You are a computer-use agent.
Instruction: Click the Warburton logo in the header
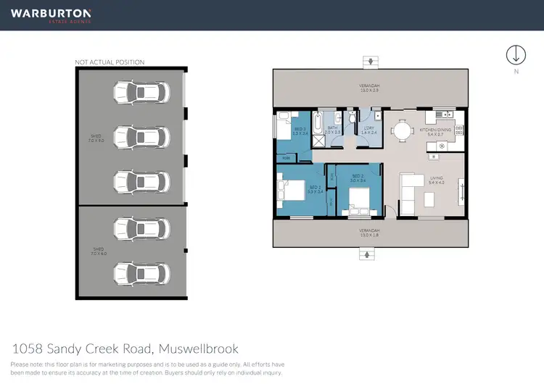(x=50, y=14)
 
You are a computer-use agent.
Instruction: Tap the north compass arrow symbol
(x=516, y=55)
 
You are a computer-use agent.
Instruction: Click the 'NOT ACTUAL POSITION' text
(x=110, y=62)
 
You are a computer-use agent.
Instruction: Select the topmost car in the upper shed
(x=140, y=92)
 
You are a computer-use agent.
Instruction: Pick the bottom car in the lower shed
(x=140, y=273)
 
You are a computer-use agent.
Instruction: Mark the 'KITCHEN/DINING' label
(x=435, y=131)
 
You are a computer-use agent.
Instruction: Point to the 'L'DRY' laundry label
(x=368, y=130)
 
